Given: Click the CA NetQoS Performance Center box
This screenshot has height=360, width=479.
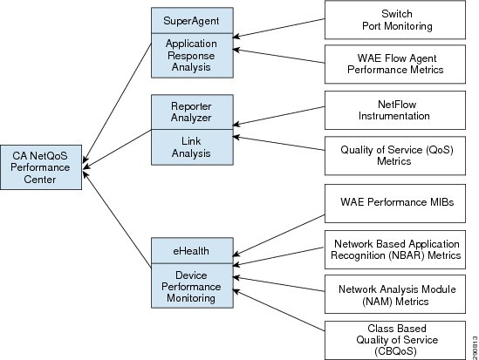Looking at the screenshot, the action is point(41,167).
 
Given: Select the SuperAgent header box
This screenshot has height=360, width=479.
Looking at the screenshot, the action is point(192,20).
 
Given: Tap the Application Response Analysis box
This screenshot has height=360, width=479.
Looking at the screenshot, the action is point(192,56).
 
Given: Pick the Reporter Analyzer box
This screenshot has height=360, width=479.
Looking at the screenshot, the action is point(192,112).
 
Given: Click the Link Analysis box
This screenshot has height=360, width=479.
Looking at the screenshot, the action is point(192,147).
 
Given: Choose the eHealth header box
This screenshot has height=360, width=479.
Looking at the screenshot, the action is point(192,251).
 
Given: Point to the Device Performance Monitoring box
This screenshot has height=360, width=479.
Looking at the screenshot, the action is point(192,286).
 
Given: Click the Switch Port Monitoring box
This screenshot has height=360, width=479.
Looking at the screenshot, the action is point(395,20).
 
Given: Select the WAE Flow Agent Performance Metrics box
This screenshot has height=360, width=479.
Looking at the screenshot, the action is point(395,65).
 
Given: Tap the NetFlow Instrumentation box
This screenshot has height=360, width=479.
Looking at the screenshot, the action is point(395,110).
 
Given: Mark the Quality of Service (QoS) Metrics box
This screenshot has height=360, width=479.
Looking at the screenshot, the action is point(395,155).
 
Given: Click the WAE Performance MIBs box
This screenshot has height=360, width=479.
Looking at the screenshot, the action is point(395,203).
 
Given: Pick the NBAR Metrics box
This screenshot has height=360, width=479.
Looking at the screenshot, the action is point(395,249).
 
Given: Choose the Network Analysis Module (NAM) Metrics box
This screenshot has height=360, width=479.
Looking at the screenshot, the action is point(395,294).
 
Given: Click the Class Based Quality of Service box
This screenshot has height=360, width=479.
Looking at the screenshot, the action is point(395,340).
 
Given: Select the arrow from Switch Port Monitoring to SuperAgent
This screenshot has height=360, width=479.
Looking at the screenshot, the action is point(278,28).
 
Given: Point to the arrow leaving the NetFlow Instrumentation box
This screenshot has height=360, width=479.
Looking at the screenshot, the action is point(278,116).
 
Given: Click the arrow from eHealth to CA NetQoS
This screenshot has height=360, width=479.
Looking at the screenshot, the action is point(117,220).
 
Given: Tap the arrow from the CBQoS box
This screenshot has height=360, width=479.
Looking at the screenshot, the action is point(278,310).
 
